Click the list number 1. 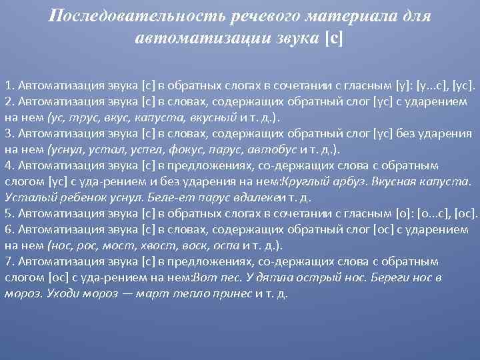[8, 86]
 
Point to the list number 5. [8, 214]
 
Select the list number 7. [8, 262]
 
